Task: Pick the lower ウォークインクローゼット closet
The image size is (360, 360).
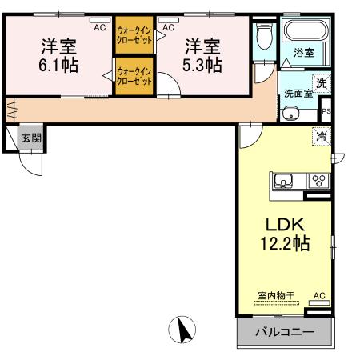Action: point(134,77)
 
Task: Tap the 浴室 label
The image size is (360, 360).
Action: point(303,53)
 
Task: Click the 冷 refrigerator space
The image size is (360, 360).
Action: point(321,137)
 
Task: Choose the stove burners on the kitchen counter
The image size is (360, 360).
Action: point(317,180)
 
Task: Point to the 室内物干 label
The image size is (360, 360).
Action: point(276,295)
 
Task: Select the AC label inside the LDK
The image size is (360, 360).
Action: point(319,295)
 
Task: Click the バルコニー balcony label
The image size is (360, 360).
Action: point(283,331)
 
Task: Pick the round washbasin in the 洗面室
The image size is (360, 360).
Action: point(290,113)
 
